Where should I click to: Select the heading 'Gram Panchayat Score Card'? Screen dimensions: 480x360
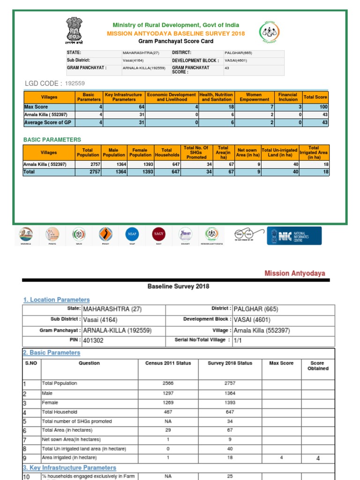[176, 41]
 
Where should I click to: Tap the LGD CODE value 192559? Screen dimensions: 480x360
[75, 83]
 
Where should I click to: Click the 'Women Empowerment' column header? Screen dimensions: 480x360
[254, 97]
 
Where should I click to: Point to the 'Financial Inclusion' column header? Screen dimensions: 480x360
[288, 97]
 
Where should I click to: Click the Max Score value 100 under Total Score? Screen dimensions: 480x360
[324, 107]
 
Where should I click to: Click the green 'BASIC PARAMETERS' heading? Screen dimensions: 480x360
[52, 140]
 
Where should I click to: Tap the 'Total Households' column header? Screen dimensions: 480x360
[166, 152]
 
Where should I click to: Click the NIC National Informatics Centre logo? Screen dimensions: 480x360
[294, 236]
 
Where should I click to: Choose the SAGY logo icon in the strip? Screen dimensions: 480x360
[158, 234]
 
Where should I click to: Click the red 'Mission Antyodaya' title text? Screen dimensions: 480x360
[294, 273]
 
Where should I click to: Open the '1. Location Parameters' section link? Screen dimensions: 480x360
[56, 300]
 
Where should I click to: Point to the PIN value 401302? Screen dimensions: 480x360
[94, 340]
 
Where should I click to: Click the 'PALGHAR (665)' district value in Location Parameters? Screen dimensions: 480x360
[255, 309]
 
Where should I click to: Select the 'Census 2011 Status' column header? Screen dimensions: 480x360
[168, 363]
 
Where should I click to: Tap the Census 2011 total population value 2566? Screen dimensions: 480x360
[168, 383]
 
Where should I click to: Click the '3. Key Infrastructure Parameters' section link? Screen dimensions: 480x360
[69, 468]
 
